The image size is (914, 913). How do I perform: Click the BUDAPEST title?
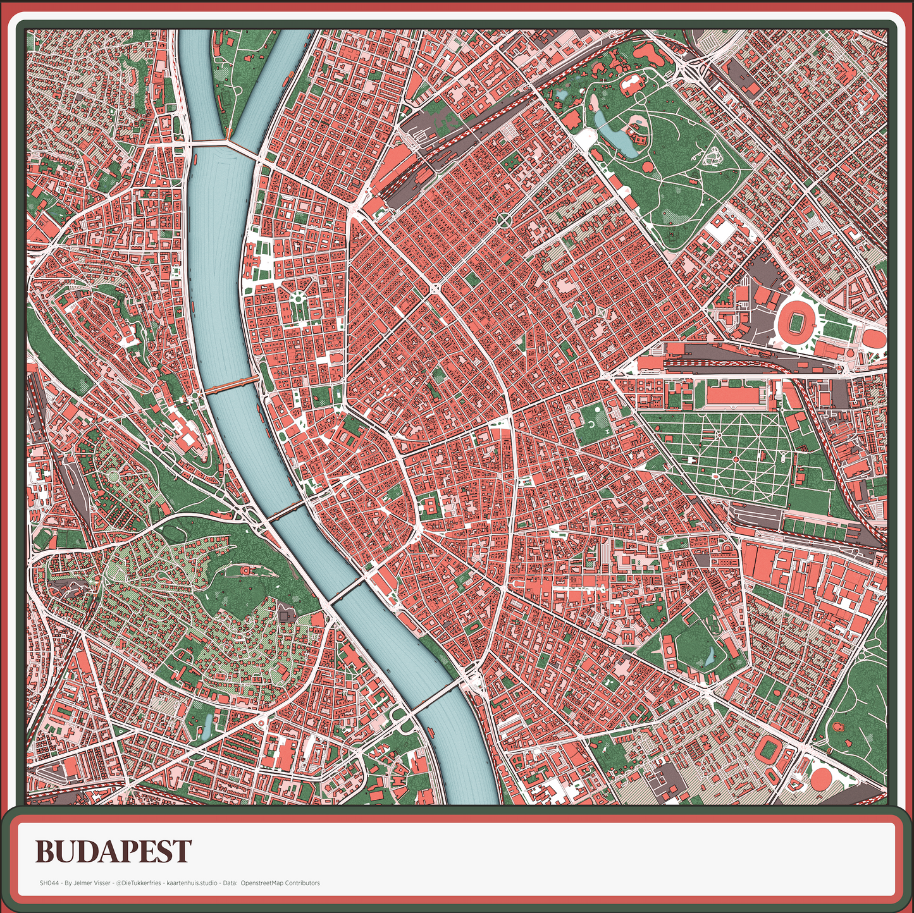(x=113, y=852)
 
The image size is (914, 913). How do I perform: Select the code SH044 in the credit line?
(x=48, y=883)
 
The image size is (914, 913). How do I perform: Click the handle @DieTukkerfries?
(x=138, y=883)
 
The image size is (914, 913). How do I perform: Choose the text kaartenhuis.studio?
(x=190, y=883)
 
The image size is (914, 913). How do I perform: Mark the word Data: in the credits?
(x=228, y=883)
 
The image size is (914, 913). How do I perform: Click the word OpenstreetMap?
(x=262, y=883)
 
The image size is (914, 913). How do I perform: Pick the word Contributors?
(x=302, y=883)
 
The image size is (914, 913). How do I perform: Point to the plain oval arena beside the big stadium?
(x=875, y=337)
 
